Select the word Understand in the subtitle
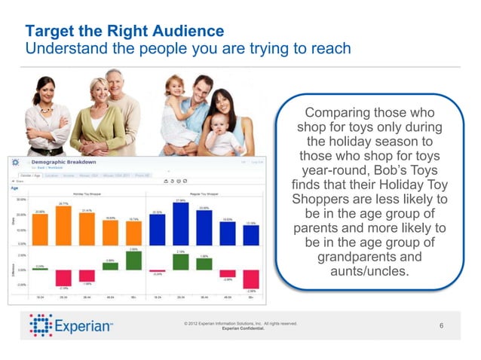pyautogui.click(x=60, y=49)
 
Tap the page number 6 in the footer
pyautogui.click(x=442, y=325)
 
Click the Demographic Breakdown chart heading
pyautogui.click(x=63, y=163)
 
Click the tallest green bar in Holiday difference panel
pyautogui.click(x=133, y=261)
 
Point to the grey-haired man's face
pyautogui.click(x=115, y=84)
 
